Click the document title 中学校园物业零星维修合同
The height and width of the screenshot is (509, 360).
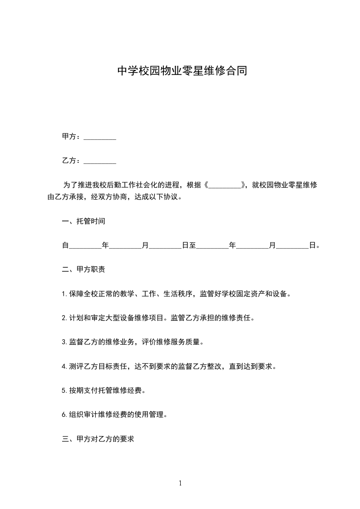pyautogui.click(x=182, y=71)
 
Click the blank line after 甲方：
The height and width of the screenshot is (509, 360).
pyautogui.click(x=100, y=137)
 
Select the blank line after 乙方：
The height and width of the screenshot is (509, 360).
pyautogui.click(x=100, y=161)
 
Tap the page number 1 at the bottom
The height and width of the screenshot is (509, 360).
pyautogui.click(x=180, y=484)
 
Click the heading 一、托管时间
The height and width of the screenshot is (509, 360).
pyautogui.click(x=84, y=221)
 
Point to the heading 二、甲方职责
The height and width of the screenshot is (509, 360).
pyautogui.click(x=84, y=269)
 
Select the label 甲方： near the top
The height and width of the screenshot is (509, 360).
pyautogui.click(x=72, y=137)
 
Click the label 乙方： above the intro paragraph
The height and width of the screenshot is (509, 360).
pyautogui.click(x=72, y=161)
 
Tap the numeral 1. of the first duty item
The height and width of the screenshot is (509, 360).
pyautogui.click(x=64, y=294)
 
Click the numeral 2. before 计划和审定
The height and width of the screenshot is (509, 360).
pyautogui.click(x=64, y=318)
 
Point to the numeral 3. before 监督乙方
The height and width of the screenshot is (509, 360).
pyautogui.click(x=64, y=342)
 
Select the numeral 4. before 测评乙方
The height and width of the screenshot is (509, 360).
pyautogui.click(x=64, y=366)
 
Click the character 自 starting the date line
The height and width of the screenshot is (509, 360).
pyautogui.click(x=65, y=245)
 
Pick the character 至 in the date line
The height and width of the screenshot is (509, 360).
pyautogui.click(x=192, y=245)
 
